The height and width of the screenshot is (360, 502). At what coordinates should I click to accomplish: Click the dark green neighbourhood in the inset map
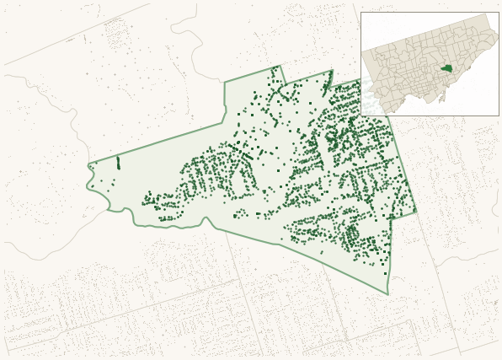click(446, 68)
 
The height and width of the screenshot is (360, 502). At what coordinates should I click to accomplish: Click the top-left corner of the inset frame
click(361, 13)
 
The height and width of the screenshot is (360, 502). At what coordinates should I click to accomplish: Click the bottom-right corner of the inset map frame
click(498, 116)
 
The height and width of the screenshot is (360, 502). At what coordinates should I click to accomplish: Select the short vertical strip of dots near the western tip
click(118, 162)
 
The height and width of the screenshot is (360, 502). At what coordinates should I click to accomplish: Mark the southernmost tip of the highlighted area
click(387, 294)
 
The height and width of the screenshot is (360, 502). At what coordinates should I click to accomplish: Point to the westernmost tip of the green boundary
click(88, 164)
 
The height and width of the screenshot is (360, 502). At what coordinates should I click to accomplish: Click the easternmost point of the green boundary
click(416, 211)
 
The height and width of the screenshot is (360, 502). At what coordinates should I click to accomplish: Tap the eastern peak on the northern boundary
click(331, 71)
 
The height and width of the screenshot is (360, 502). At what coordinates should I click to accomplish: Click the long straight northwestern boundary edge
click(156, 144)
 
